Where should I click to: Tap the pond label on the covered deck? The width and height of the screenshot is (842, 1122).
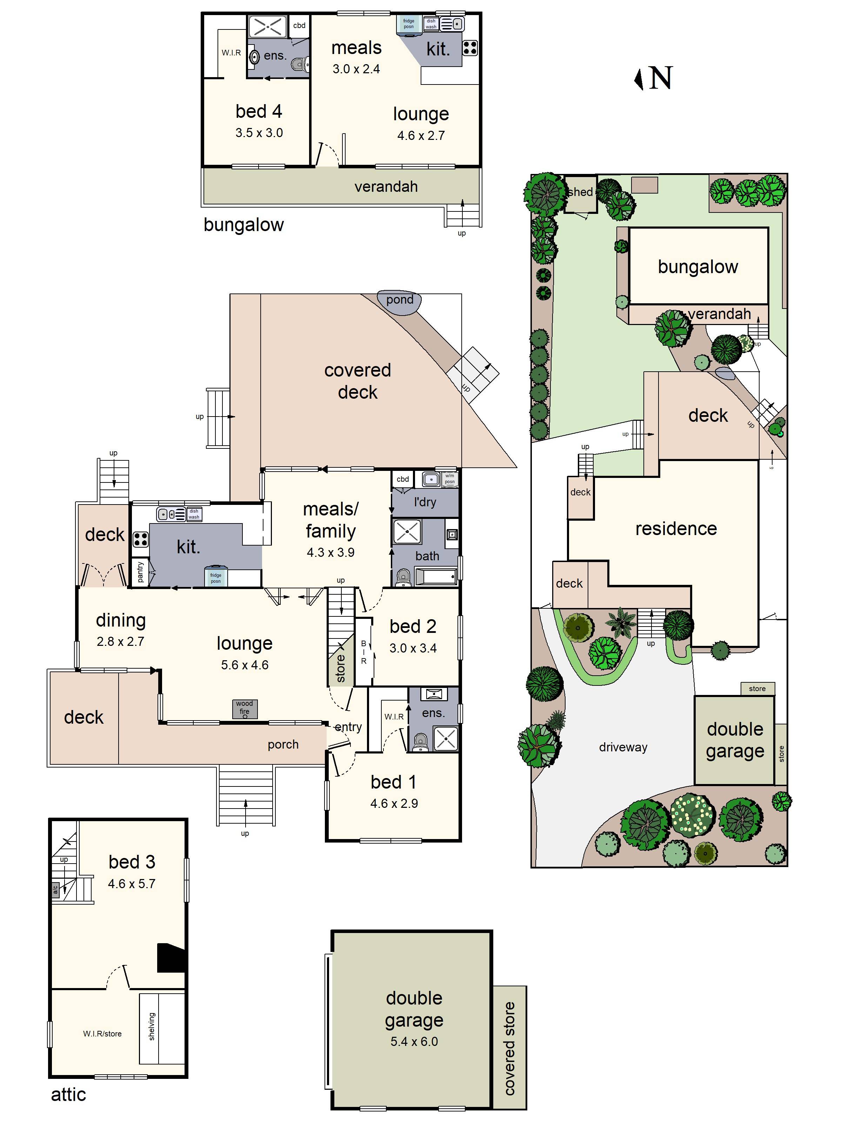(x=400, y=300)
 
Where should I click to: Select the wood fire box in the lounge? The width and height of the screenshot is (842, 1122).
(x=245, y=708)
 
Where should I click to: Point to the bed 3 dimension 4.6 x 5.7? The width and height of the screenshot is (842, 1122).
(x=132, y=884)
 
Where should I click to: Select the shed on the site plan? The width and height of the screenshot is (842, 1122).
(x=580, y=193)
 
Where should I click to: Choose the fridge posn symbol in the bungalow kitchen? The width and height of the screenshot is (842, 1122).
(x=409, y=23)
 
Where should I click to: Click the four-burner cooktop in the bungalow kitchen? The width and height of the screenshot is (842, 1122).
(x=470, y=48)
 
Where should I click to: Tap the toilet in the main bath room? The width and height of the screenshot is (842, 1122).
(x=403, y=577)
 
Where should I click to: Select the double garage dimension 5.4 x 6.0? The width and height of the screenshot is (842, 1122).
(x=414, y=1041)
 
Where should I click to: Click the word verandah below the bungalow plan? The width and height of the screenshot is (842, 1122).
(x=386, y=187)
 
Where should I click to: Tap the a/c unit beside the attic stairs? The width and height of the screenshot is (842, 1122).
(x=56, y=889)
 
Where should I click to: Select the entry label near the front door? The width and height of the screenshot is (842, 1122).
(x=349, y=727)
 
